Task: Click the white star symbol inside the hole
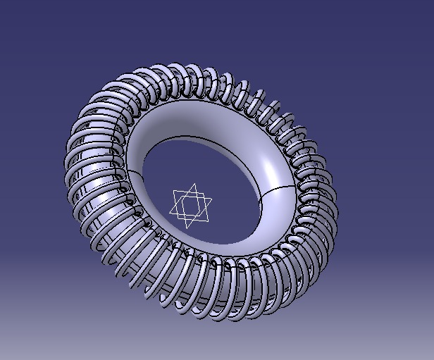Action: tap(191, 206)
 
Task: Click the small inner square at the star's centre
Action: tap(191, 206)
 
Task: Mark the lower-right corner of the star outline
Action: tap(207, 221)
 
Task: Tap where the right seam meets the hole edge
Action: tap(263, 197)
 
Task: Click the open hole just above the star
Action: tap(197, 166)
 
